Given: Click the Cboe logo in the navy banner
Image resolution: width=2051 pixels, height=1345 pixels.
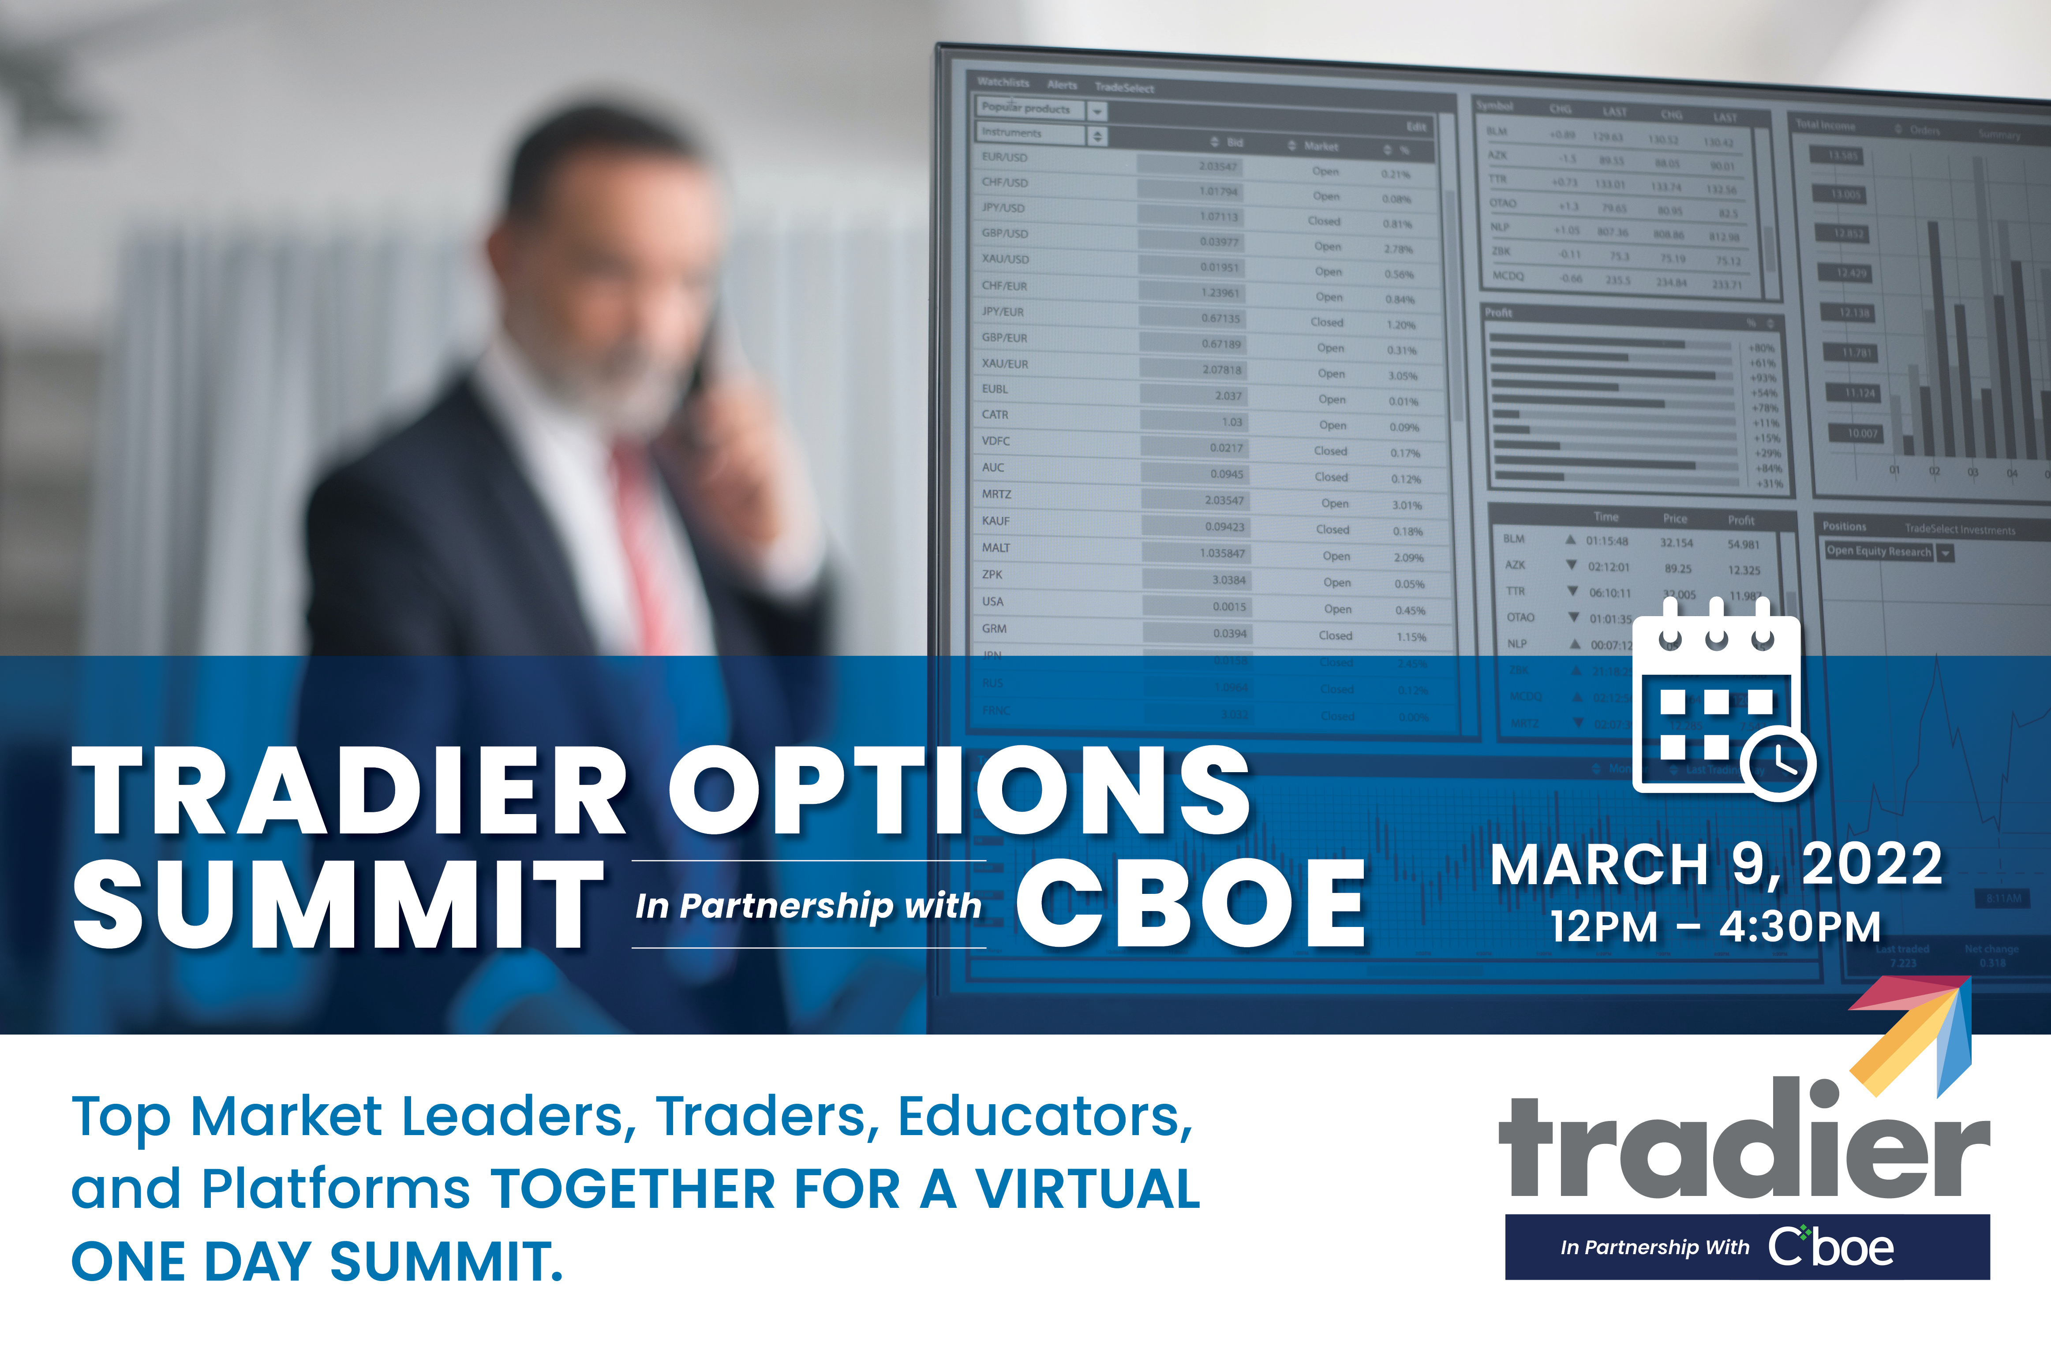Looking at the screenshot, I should click(x=1831, y=1247).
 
